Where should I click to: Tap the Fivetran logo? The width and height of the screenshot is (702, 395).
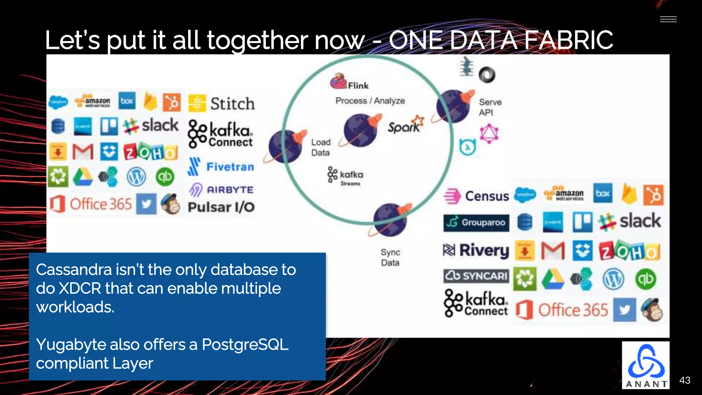221,167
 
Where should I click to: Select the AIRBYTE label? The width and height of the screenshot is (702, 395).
222,190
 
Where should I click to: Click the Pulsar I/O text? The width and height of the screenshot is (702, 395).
221,207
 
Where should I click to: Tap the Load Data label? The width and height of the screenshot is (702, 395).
320,147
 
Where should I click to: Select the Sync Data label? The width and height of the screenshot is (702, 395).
390,258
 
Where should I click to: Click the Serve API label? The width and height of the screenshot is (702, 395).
490,107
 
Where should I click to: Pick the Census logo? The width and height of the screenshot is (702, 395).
476,196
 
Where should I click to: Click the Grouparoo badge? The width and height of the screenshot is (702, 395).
476,223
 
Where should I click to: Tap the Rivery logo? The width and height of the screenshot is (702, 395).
476,250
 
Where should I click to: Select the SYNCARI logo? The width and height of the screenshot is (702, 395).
476,276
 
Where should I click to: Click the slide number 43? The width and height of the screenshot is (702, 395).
685,380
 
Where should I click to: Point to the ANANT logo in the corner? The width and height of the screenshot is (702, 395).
646,365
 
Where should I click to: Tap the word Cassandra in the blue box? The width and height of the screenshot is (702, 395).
73,270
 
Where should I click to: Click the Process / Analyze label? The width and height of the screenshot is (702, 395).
370,101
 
